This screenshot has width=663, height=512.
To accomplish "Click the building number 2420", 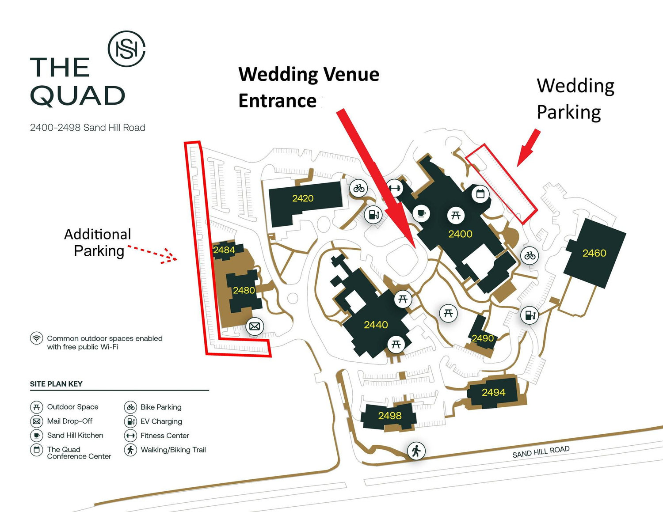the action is click(303, 198).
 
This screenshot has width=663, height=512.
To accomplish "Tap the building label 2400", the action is click(460, 234).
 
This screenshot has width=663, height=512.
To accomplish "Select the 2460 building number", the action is click(594, 253).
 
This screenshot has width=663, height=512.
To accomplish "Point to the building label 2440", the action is click(376, 325).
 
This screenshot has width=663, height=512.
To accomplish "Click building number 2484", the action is click(224, 250).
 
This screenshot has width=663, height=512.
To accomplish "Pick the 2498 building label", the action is click(390, 416).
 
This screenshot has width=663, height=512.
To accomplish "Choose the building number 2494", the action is click(493, 392).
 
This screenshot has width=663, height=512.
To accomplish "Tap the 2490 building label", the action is click(483, 338).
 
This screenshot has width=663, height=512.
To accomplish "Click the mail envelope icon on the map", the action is click(255, 326).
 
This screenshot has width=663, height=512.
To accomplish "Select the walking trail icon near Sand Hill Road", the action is click(416, 451).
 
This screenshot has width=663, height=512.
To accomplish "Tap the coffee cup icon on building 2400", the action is click(421, 213).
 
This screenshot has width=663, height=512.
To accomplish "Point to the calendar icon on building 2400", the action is click(480, 193).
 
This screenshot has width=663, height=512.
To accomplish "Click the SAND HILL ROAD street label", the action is click(541, 451).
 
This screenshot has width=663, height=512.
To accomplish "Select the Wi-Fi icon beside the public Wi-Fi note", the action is click(36, 338).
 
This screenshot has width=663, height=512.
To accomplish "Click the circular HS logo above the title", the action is click(126, 49).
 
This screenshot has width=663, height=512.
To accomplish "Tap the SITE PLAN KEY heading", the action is click(56, 384).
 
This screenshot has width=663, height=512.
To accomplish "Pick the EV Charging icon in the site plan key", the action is click(130, 421).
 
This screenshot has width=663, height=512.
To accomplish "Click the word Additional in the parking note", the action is click(98, 235).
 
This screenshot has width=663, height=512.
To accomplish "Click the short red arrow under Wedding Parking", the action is click(529, 148).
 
